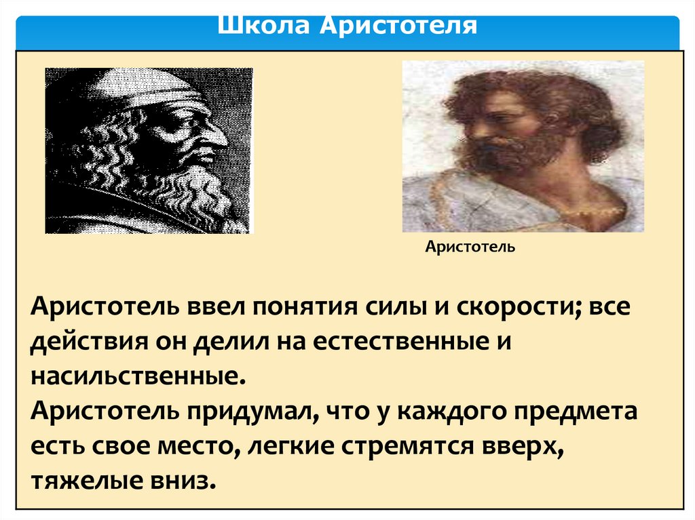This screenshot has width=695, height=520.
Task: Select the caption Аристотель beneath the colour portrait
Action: coord(470,247)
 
